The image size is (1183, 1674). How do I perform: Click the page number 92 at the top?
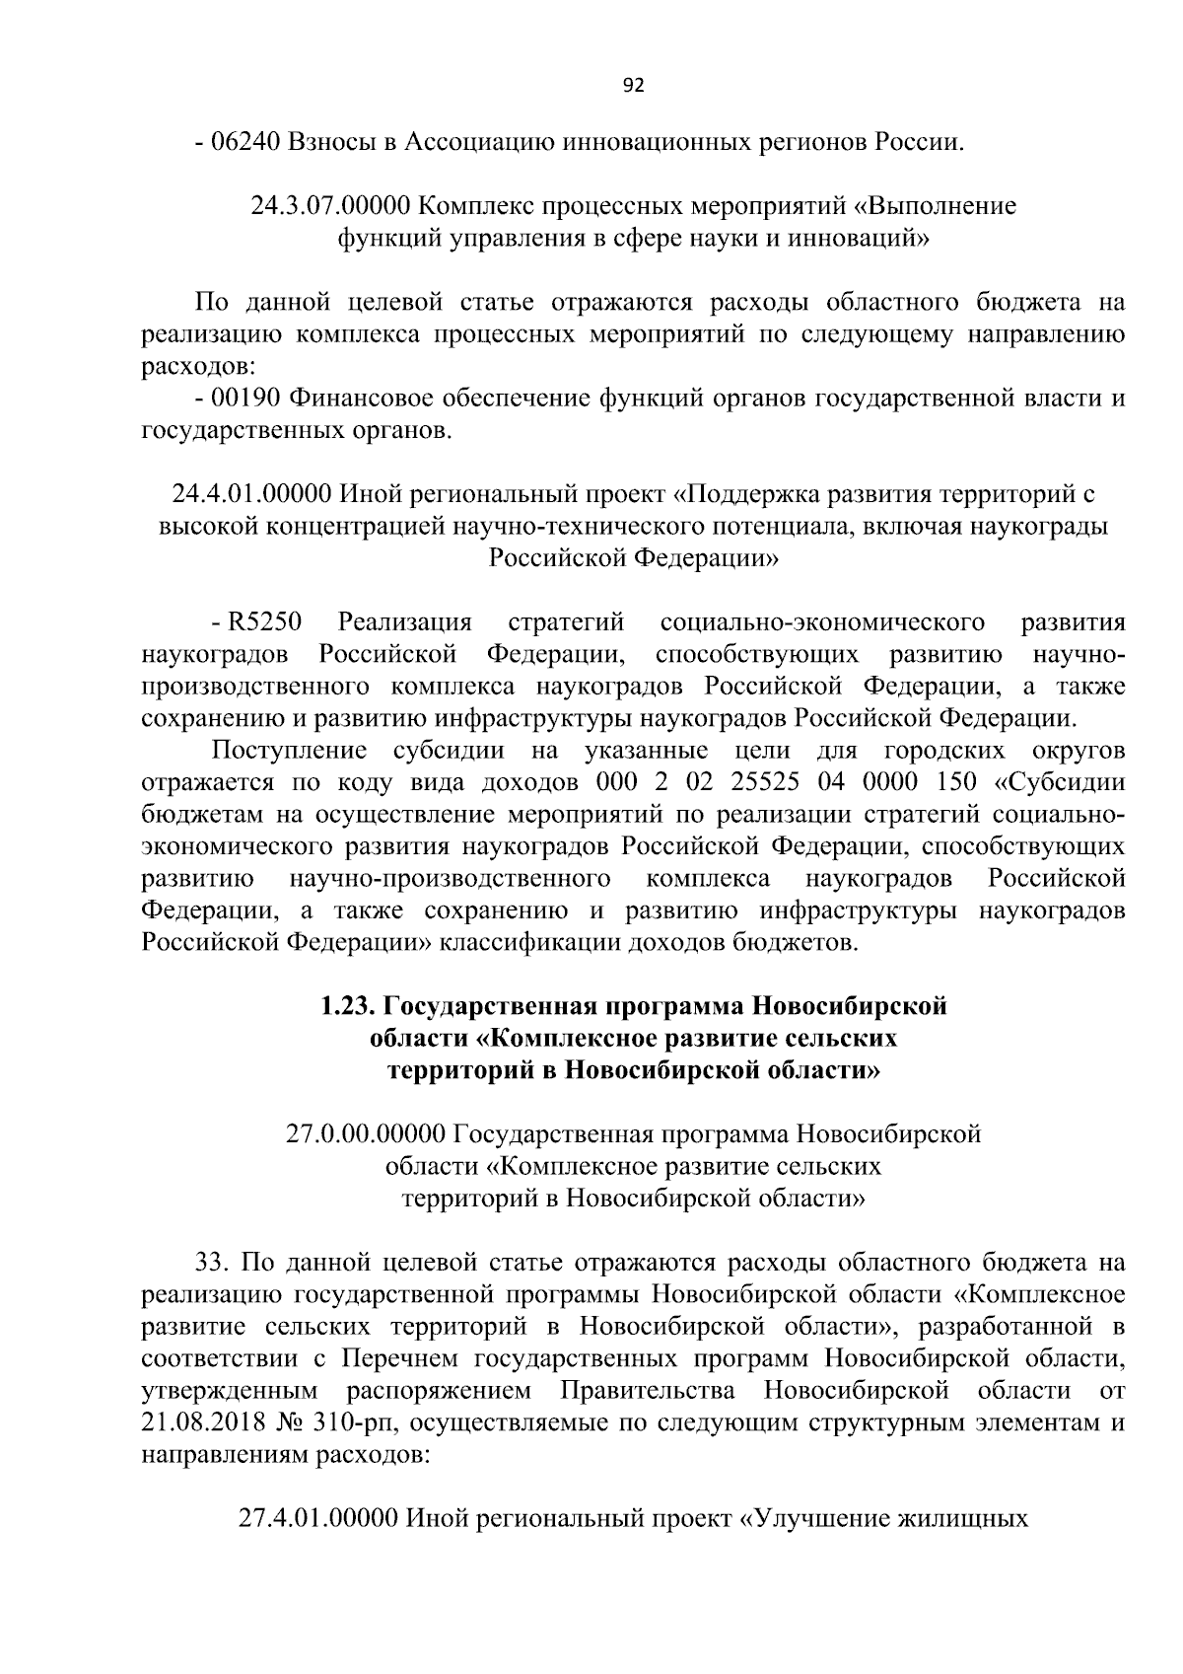click(x=634, y=86)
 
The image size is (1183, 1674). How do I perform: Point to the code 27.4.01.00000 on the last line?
click(x=319, y=1518)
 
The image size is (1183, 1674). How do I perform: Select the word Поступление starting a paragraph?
click(x=291, y=752)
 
